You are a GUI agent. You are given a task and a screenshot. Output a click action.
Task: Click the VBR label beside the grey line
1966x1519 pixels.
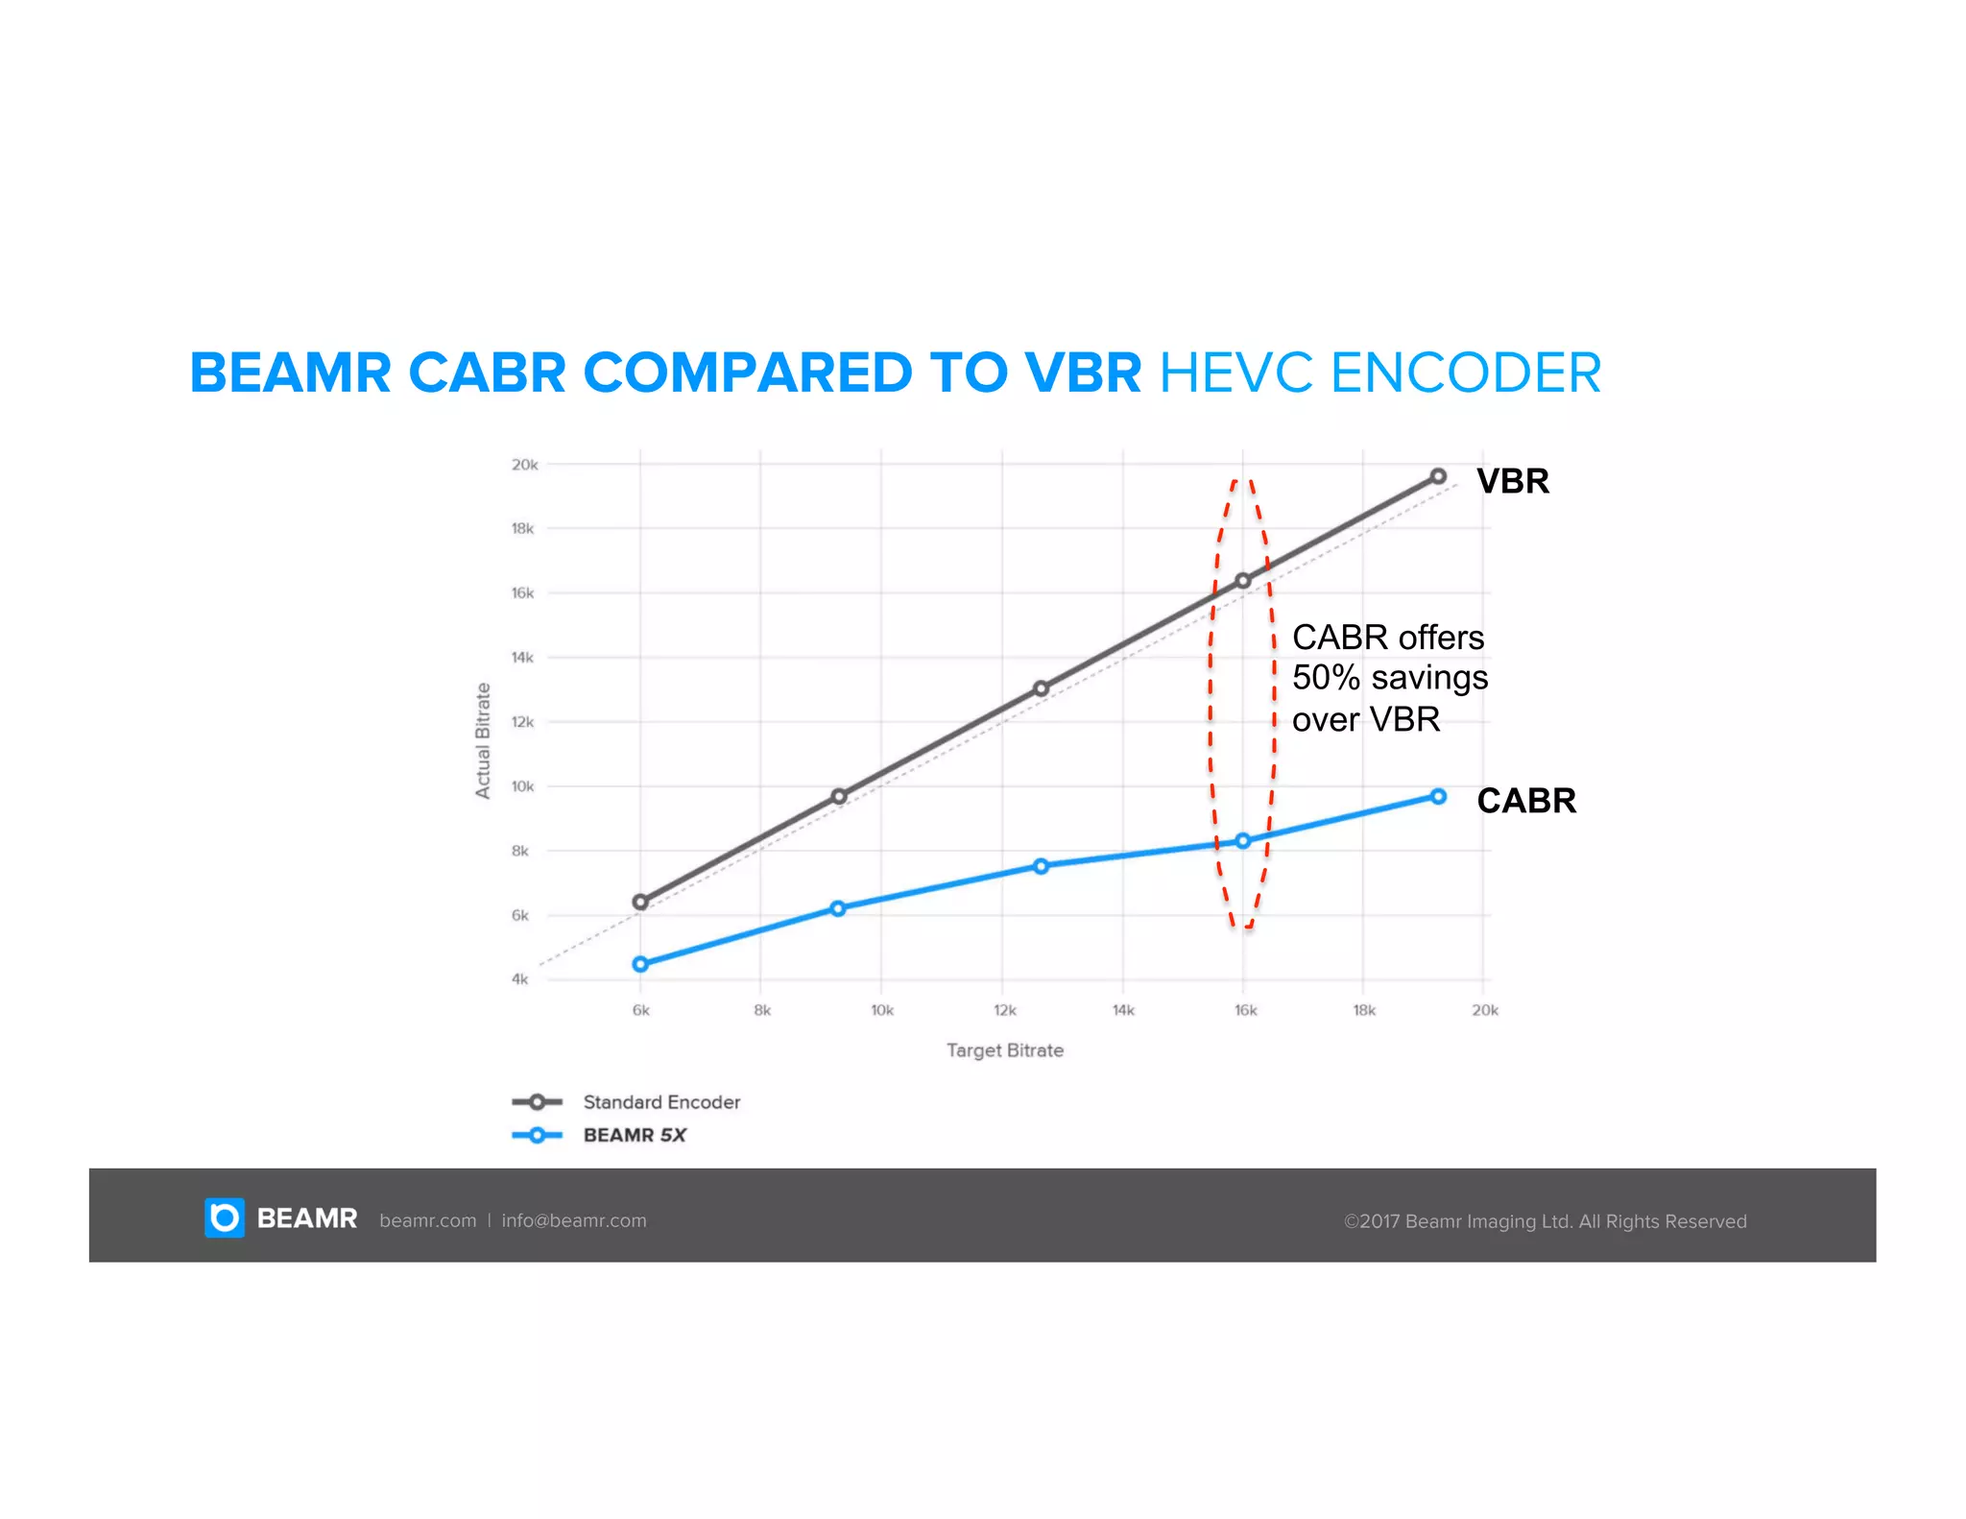(x=1512, y=481)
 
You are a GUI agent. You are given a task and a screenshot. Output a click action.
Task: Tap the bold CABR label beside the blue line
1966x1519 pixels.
(x=1525, y=801)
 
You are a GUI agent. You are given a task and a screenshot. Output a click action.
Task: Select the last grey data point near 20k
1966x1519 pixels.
(x=1437, y=476)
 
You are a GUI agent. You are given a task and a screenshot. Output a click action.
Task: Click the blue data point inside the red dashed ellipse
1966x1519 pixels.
(x=1242, y=840)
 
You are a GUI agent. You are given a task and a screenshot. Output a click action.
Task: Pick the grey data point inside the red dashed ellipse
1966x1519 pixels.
(x=1242, y=580)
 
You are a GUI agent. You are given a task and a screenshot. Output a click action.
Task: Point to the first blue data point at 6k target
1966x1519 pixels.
(x=640, y=964)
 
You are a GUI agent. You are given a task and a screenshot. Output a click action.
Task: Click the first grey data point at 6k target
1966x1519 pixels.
(x=640, y=902)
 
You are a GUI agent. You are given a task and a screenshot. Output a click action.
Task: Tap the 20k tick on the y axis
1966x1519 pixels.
(x=524, y=465)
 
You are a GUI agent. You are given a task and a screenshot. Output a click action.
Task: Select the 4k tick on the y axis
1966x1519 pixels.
(x=519, y=979)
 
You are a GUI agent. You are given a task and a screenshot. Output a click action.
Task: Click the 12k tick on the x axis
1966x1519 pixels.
(x=1004, y=1010)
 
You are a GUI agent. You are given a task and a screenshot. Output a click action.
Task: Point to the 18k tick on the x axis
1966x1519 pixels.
(x=1363, y=1010)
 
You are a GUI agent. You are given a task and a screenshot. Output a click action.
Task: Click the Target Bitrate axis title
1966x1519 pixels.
(x=1004, y=1050)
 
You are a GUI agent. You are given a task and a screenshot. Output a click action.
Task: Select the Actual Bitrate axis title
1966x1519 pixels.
(x=483, y=740)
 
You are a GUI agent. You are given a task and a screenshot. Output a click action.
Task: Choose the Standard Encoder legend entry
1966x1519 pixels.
(x=660, y=1102)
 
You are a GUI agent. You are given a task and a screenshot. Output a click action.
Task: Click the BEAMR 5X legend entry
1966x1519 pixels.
(x=634, y=1135)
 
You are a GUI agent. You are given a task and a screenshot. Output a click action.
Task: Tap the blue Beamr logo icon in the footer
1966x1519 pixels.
(x=225, y=1218)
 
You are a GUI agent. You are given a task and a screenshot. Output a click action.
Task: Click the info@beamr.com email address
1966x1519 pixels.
(x=573, y=1220)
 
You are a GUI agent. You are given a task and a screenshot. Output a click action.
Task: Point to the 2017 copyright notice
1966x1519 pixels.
(x=1544, y=1221)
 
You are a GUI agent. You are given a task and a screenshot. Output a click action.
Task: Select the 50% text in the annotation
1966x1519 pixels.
(x=1326, y=678)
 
